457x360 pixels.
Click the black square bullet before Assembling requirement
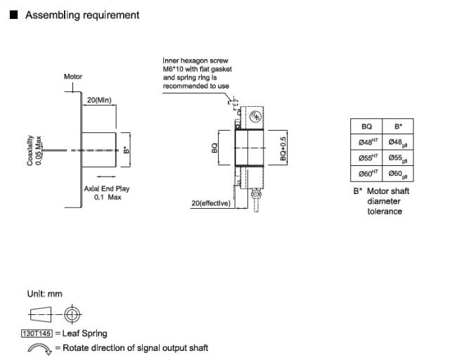13,15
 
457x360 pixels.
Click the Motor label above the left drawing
73,77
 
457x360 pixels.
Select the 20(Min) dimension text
99,100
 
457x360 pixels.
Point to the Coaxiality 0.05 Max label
34,150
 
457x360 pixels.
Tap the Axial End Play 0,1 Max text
107,193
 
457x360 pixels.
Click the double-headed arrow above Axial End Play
106,176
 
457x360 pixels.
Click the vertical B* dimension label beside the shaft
126,150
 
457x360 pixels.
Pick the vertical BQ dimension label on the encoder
214,148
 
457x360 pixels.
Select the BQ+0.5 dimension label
283,148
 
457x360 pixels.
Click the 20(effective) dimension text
211,203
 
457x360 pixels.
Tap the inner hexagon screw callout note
198,73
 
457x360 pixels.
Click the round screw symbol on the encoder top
256,116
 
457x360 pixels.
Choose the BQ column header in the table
366,127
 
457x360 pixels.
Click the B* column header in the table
398,127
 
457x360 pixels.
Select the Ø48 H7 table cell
366,142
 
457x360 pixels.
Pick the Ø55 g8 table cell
398,158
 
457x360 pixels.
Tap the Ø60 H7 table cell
366,174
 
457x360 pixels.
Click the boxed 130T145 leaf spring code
37,333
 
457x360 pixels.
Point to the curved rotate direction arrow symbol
39,348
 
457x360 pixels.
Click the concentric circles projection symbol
72,314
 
